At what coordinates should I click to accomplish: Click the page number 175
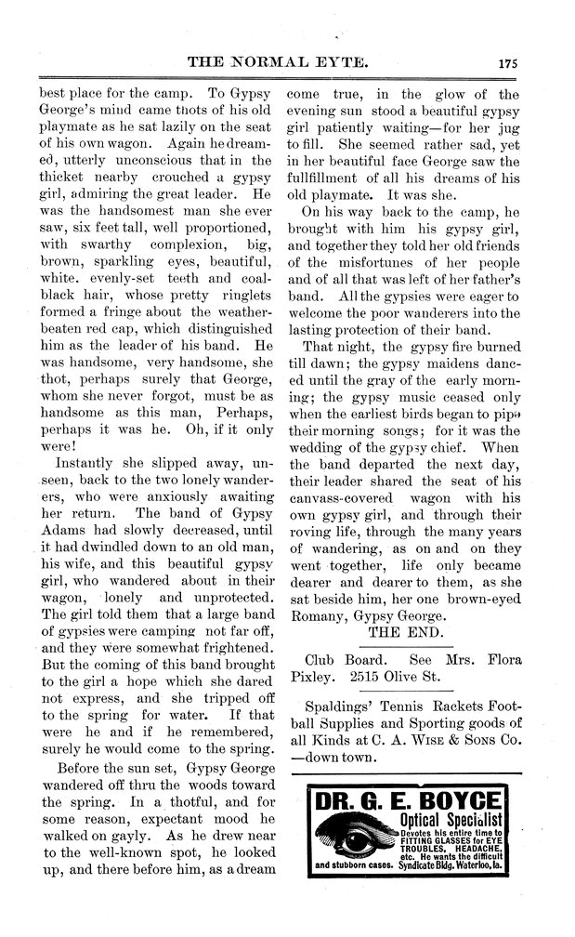(x=506, y=63)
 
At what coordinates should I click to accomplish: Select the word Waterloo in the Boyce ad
(x=482, y=864)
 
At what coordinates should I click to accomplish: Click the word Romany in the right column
(x=320, y=614)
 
